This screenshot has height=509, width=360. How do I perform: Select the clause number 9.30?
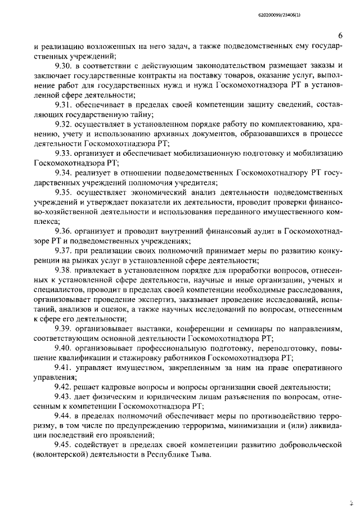[x=63, y=69]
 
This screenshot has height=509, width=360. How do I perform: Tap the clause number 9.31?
[x=63, y=106]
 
